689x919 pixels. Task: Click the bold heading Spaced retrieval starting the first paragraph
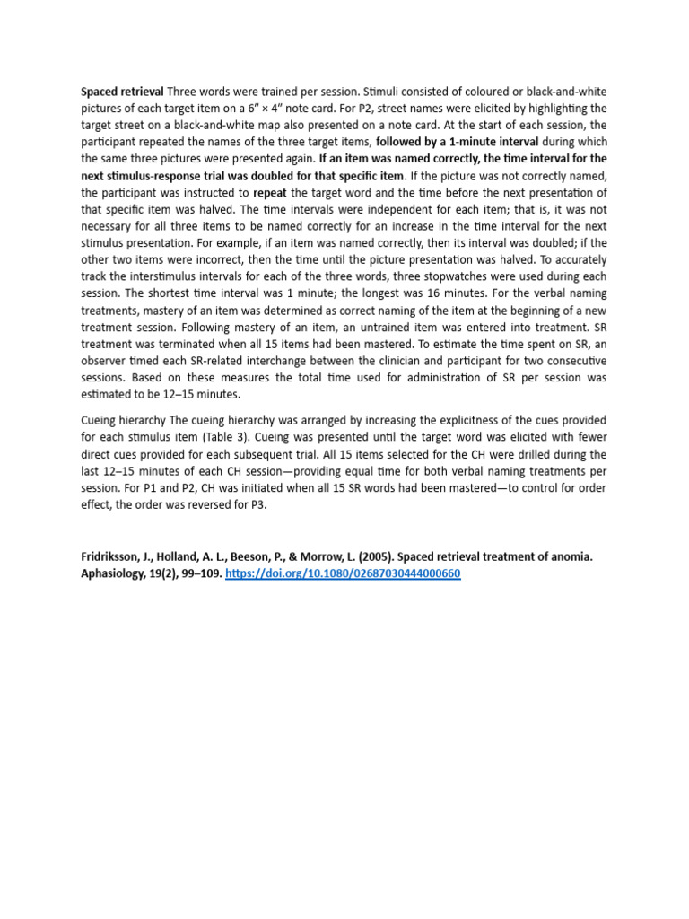pos(122,92)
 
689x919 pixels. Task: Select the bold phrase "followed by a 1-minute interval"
pos(458,142)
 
